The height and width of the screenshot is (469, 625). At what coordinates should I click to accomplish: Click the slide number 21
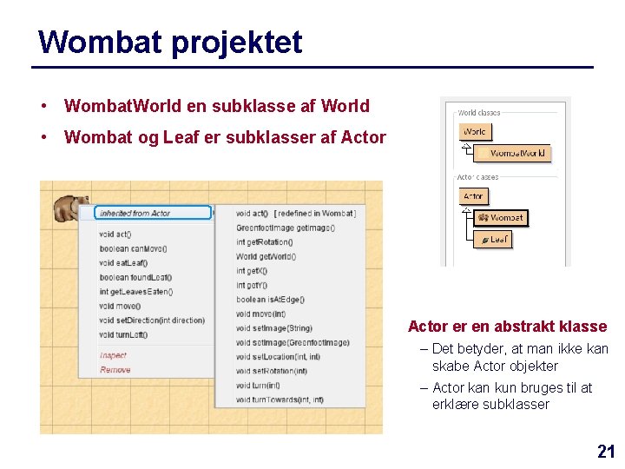(606, 451)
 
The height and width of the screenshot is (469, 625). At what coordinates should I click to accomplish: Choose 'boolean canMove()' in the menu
(133, 248)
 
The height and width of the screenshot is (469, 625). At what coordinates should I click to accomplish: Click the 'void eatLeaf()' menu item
(123, 263)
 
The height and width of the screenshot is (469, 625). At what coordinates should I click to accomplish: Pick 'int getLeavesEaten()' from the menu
(136, 292)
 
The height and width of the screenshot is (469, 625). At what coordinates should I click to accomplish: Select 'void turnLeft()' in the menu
(124, 334)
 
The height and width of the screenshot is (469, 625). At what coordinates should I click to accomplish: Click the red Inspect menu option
(113, 355)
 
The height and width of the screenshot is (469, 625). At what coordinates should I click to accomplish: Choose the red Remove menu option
(115, 370)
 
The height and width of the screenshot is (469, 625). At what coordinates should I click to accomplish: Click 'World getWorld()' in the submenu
(266, 256)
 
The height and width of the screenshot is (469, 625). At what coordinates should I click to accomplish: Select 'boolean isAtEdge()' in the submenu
(269, 300)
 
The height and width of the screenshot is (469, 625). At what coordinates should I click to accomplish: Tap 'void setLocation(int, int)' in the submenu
(278, 357)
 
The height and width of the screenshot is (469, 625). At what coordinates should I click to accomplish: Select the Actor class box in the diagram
(473, 196)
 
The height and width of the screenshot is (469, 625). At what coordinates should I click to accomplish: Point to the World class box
(475, 132)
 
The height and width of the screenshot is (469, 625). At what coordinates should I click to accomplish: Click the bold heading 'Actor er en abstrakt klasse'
(507, 327)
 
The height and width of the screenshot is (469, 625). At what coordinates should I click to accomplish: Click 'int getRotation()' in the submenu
(264, 241)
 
